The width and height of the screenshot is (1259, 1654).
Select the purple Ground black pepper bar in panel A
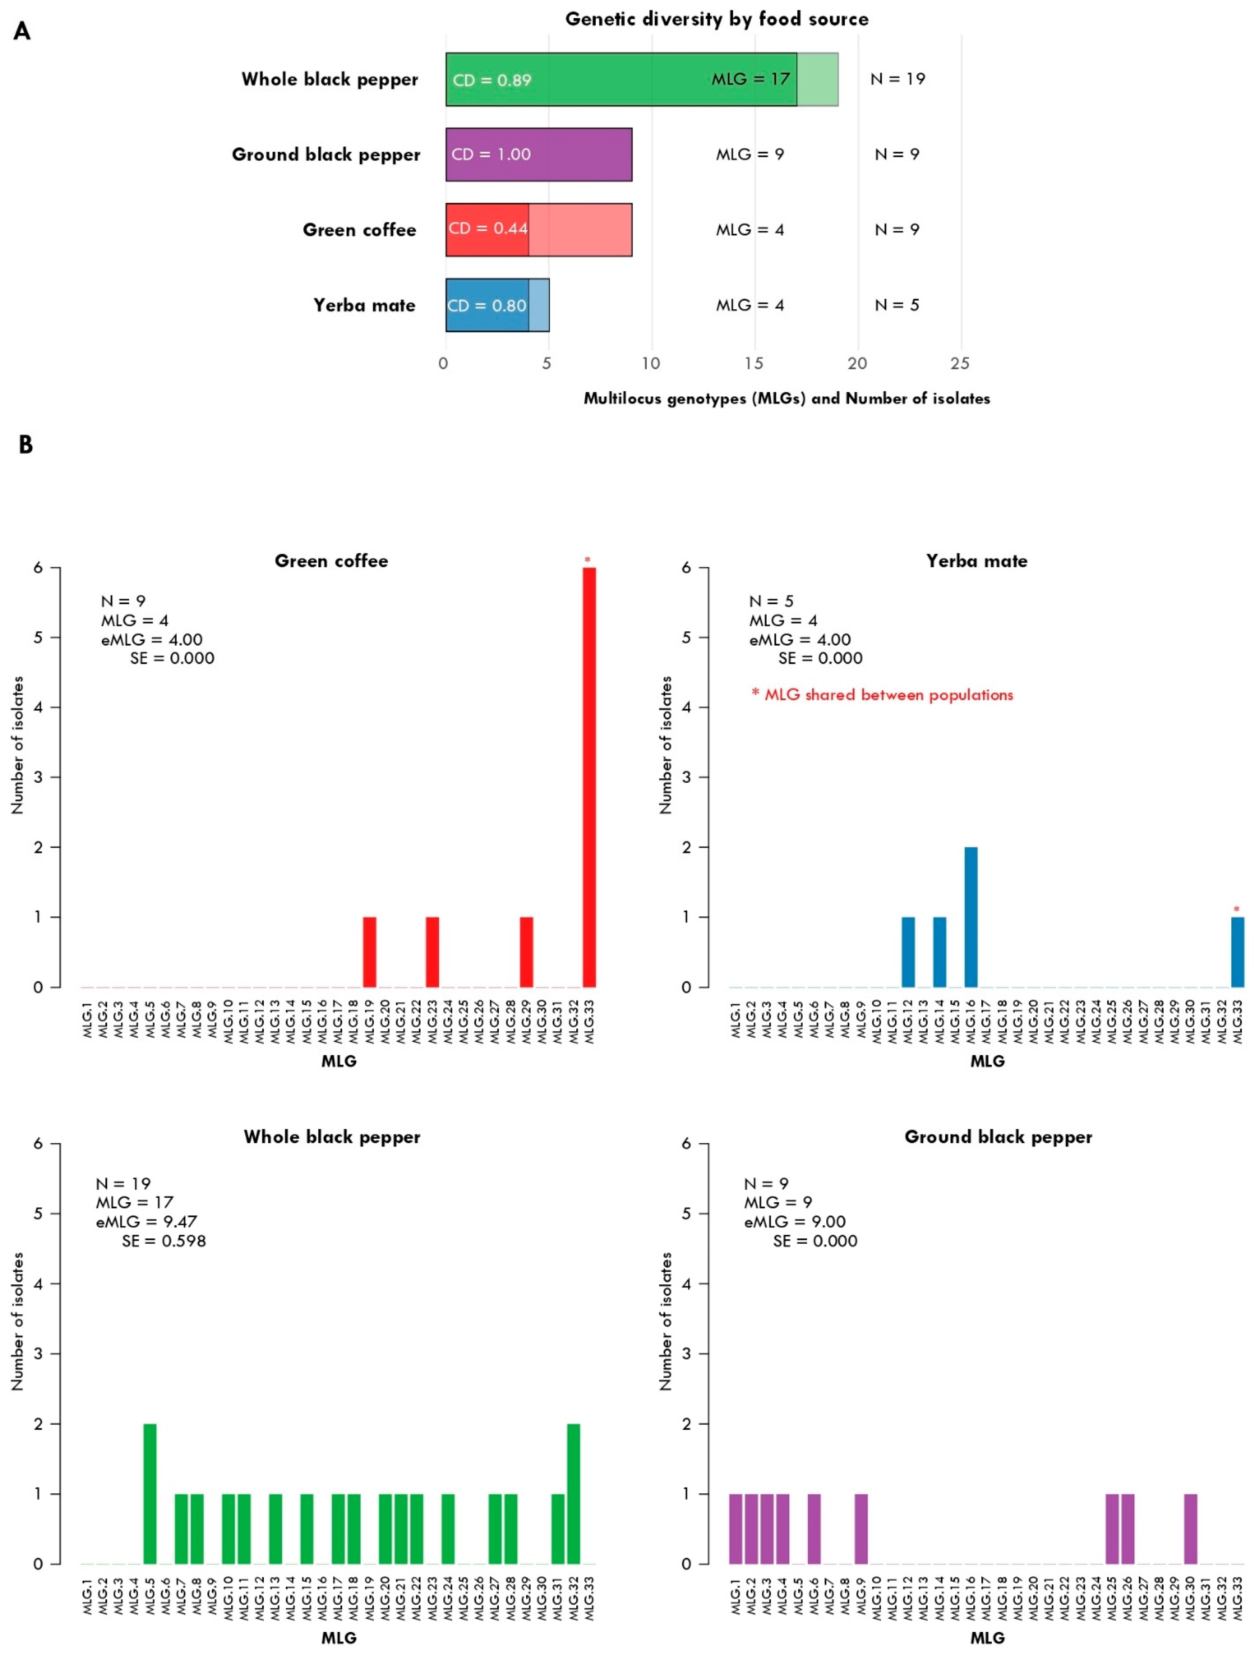539,154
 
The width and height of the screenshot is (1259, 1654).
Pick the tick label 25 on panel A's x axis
960,364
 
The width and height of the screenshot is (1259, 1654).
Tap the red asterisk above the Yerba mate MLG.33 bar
1237,909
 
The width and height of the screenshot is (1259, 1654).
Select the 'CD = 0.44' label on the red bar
488,229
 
